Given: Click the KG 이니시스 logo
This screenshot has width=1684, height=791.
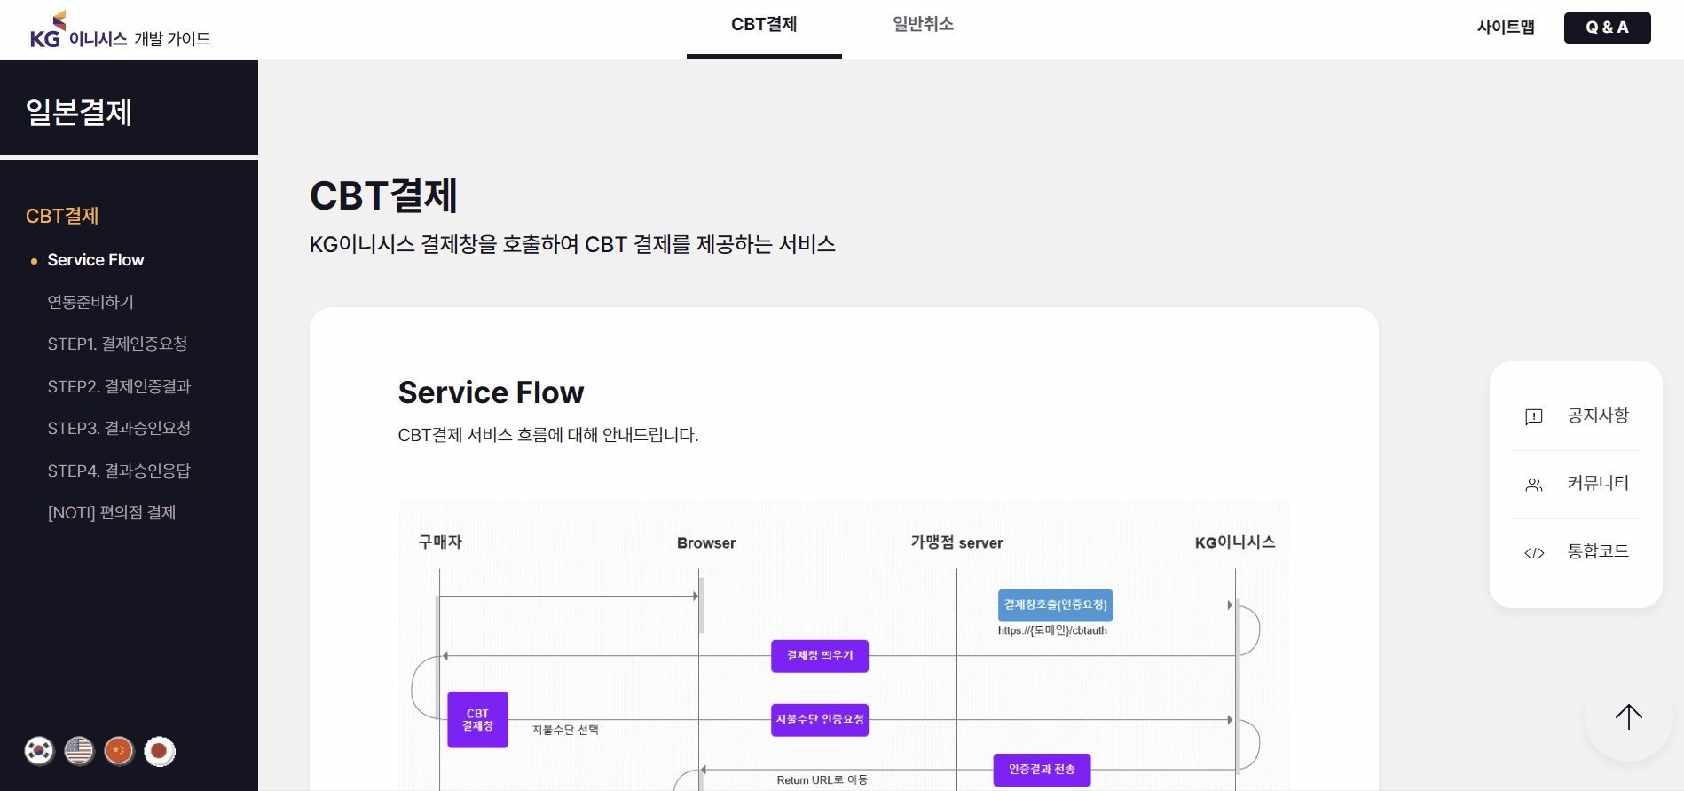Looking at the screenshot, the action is click(x=120, y=30).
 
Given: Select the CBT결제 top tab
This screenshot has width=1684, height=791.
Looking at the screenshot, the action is click(x=764, y=25).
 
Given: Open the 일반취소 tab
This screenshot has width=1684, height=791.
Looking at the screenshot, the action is click(x=923, y=25).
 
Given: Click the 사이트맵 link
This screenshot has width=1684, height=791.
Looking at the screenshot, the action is click(x=1506, y=28).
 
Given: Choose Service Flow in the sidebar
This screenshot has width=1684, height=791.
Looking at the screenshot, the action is click(x=96, y=260).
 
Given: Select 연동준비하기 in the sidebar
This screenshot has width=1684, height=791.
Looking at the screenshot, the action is click(x=90, y=302).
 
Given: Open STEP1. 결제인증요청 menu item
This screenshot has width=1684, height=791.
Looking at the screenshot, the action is click(x=117, y=344).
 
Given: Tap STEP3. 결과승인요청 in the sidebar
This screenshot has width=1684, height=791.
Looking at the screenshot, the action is click(x=119, y=428).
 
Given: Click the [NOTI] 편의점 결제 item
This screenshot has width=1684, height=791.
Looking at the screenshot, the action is click(x=112, y=512).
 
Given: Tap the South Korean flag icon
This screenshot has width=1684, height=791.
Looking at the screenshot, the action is click(x=39, y=751).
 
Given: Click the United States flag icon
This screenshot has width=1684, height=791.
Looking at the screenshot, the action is click(x=79, y=751).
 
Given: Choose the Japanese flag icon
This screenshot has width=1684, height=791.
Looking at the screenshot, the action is click(x=160, y=751).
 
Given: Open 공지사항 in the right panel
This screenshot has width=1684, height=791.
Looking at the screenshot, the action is click(x=1598, y=415).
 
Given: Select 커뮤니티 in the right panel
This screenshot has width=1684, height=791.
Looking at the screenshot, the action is click(x=1598, y=483).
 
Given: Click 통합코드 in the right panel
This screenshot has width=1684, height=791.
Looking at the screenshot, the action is click(x=1598, y=551).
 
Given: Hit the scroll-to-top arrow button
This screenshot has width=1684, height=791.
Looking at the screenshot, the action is click(x=1628, y=716).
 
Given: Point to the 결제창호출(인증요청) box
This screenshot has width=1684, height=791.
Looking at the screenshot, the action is click(x=1055, y=605).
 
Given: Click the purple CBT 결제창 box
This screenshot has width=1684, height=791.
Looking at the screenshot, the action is click(x=477, y=720).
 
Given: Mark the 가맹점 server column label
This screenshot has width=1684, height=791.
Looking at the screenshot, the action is click(x=956, y=542).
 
